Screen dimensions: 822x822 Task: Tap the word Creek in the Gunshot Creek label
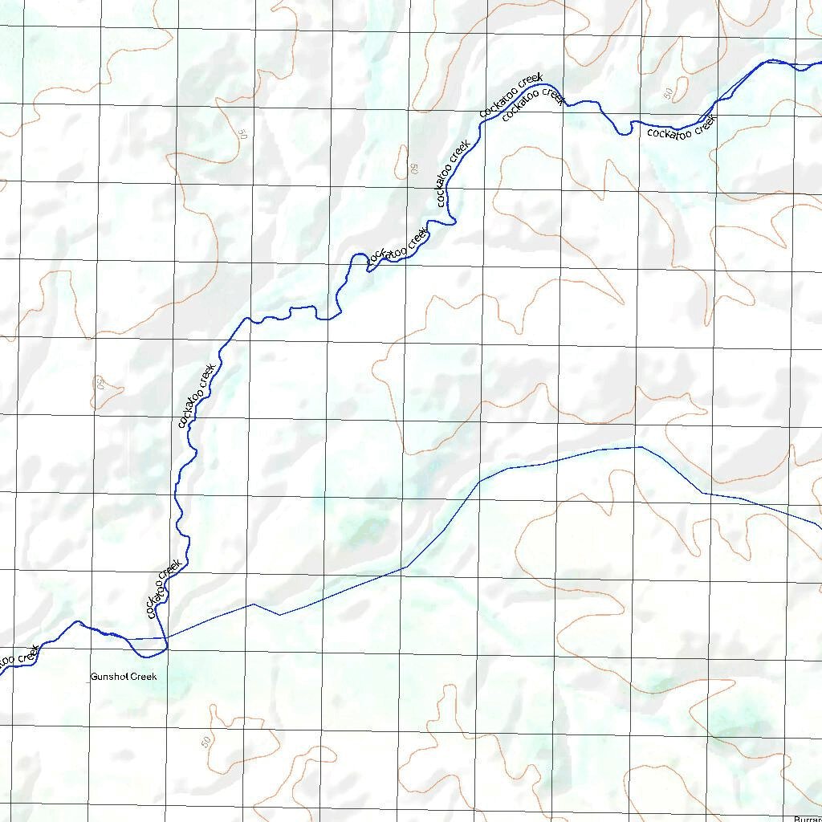tap(144, 677)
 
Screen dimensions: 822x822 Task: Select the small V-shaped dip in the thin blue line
tap(279, 614)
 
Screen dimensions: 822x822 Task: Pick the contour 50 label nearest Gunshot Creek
tap(206, 739)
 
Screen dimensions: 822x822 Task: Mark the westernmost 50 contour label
tap(101, 384)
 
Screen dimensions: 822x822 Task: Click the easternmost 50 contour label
tap(669, 94)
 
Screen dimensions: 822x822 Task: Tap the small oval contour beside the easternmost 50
tap(678, 87)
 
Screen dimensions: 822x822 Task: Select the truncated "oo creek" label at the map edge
tap(18, 657)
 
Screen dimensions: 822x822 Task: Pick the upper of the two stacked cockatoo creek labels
tap(511, 96)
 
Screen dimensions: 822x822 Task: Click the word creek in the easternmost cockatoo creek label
tap(700, 124)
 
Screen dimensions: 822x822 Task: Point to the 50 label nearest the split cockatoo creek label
tap(414, 169)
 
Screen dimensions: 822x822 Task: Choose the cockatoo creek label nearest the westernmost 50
tap(196, 397)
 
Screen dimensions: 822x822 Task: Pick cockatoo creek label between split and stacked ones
tap(452, 174)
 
